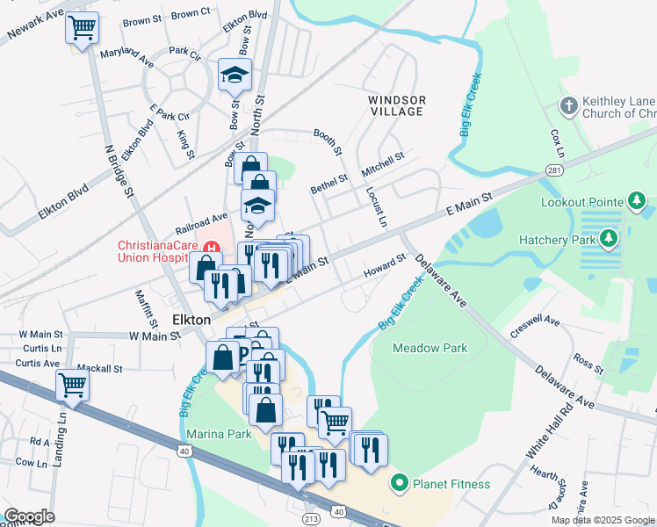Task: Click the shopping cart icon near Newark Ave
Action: [x=82, y=28]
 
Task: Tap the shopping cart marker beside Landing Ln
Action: [x=72, y=385]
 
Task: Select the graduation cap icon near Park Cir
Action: [x=235, y=76]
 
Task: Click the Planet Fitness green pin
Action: [x=400, y=483]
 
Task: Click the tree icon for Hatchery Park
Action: [x=610, y=238]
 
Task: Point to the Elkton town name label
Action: [x=191, y=320]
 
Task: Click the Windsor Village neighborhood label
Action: [x=396, y=105]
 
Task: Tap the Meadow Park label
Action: [x=430, y=348]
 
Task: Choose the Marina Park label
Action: [x=219, y=433]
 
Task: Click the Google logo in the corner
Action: [x=29, y=516]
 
